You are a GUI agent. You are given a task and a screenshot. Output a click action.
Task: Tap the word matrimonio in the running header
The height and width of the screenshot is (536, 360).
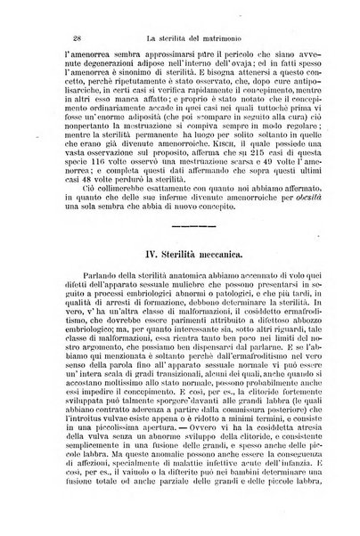pyautogui.click(x=222, y=35)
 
